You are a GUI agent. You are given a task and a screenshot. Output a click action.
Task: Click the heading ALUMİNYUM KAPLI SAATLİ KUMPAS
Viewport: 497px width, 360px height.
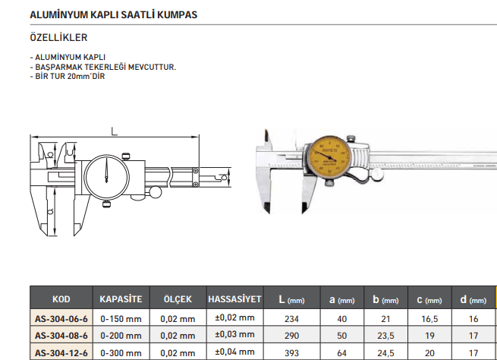pyautogui.click(x=113, y=15)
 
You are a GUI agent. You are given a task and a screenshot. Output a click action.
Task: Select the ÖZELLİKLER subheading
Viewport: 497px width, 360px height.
pyautogui.click(x=58, y=37)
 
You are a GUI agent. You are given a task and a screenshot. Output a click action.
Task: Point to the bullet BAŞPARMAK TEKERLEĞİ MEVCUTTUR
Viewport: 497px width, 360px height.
pyautogui.click(x=103, y=67)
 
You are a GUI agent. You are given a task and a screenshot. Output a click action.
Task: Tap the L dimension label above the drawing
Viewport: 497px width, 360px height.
pyautogui.click(x=114, y=131)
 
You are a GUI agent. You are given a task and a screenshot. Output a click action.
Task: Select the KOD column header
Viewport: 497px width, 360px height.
pyautogui.click(x=61, y=299)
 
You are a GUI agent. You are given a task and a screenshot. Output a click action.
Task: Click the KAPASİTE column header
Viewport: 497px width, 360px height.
pyautogui.click(x=121, y=299)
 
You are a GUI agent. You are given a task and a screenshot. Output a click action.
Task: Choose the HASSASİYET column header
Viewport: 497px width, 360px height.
pyautogui.click(x=235, y=299)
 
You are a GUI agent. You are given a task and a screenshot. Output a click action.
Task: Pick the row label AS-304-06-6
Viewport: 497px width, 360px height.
pyautogui.click(x=61, y=317)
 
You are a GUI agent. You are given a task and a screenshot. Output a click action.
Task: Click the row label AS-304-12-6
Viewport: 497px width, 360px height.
pyautogui.click(x=61, y=352)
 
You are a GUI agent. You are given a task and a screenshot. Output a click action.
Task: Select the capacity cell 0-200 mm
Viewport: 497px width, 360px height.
pyautogui.click(x=121, y=335)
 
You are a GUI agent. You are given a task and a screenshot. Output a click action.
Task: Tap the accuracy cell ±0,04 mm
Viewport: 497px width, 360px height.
pyautogui.click(x=235, y=352)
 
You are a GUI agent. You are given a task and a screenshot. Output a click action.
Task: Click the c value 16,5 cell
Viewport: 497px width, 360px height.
pyautogui.click(x=429, y=317)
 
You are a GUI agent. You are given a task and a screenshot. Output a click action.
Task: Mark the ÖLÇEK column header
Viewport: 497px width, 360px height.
pyautogui.click(x=178, y=299)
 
